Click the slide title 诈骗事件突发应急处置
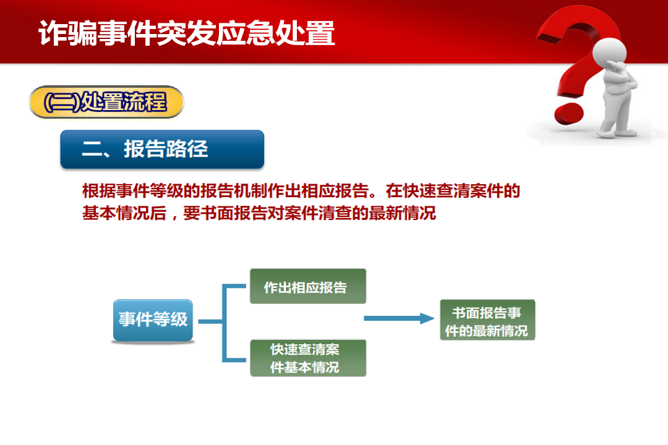pyautogui.click(x=187, y=33)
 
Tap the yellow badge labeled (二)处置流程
pyautogui.click(x=106, y=102)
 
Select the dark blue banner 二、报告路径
pyautogui.click(x=162, y=149)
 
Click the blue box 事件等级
pyautogui.click(x=153, y=320)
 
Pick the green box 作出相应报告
pyautogui.click(x=307, y=286)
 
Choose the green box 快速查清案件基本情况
pyautogui.click(x=307, y=358)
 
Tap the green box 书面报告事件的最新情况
pyautogui.click(x=487, y=320)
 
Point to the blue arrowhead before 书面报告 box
pyautogui.click(x=427, y=318)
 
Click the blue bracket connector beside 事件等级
pyautogui.click(x=223, y=323)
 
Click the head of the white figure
pyautogui.click(x=610, y=53)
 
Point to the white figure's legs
pyautogui.click(x=615, y=114)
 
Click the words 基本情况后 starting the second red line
pyautogui.click(x=124, y=213)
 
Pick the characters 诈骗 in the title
pyautogui.click(x=68, y=33)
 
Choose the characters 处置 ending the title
pyautogui.click(x=306, y=33)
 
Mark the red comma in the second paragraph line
pyautogui.click(x=174, y=217)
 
